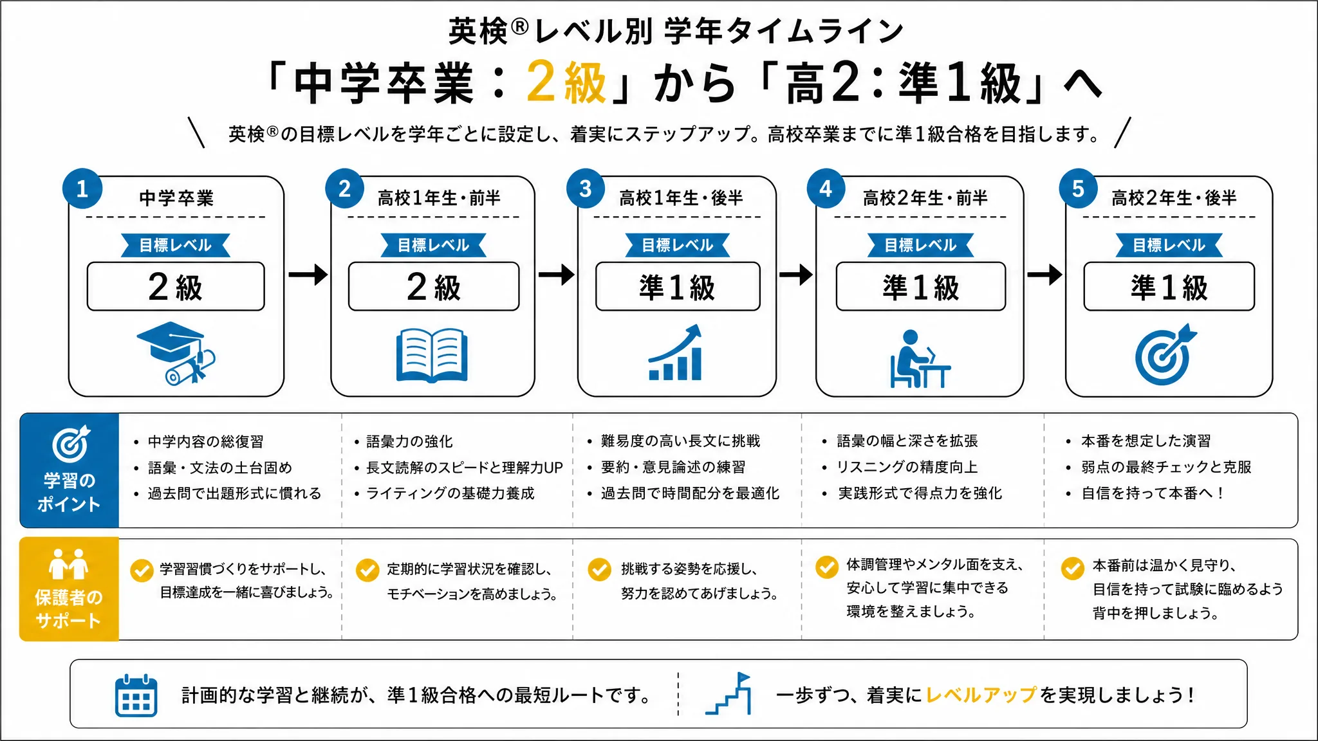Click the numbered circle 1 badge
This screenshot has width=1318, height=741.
click(82, 188)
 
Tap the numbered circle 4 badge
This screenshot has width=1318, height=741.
click(826, 188)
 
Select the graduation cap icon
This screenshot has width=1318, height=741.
click(176, 353)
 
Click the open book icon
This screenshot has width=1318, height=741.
click(432, 355)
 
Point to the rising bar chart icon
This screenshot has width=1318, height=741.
click(675, 352)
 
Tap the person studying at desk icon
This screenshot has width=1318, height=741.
click(920, 358)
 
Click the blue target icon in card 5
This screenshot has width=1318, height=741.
click(1165, 354)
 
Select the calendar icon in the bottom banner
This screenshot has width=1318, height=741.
click(136, 695)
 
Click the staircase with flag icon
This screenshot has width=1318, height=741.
click(729, 693)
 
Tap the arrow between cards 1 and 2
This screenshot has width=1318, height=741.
click(308, 275)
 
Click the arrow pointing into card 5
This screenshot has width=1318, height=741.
click(1044, 275)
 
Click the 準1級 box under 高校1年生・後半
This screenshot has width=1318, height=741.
click(678, 286)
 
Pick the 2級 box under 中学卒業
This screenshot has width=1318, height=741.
click(176, 286)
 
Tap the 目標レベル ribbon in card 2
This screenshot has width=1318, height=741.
click(433, 245)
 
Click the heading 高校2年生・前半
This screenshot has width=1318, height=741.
click(925, 198)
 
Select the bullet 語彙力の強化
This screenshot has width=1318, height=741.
click(409, 441)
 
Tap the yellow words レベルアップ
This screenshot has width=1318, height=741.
click(981, 695)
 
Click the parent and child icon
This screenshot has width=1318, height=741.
click(68, 564)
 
